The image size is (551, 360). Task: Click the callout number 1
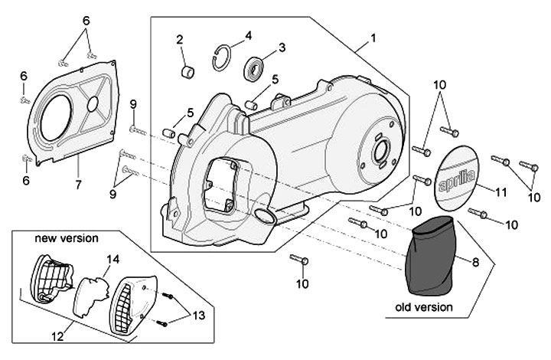373,38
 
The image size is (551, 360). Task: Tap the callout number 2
179,40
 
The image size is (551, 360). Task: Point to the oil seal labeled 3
253,69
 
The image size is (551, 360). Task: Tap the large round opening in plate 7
55,119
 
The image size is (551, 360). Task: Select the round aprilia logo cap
458,179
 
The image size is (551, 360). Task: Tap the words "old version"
423,307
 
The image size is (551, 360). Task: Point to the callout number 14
113,259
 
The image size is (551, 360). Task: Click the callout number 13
199,315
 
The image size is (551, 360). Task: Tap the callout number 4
248,35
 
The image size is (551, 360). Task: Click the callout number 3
282,47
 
